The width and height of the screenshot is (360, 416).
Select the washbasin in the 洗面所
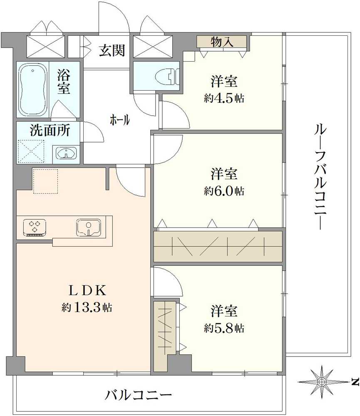[x=66, y=154]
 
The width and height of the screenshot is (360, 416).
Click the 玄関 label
[x=112, y=50]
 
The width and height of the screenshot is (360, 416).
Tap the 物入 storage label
[x=222, y=42]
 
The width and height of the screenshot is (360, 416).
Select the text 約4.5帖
[x=224, y=99]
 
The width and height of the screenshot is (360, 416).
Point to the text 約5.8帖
[x=224, y=328]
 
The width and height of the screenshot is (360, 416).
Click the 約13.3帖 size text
[x=87, y=308]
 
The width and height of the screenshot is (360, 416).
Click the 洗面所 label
[x=50, y=130]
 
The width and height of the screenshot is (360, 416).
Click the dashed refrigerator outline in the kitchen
[x=45, y=181]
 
